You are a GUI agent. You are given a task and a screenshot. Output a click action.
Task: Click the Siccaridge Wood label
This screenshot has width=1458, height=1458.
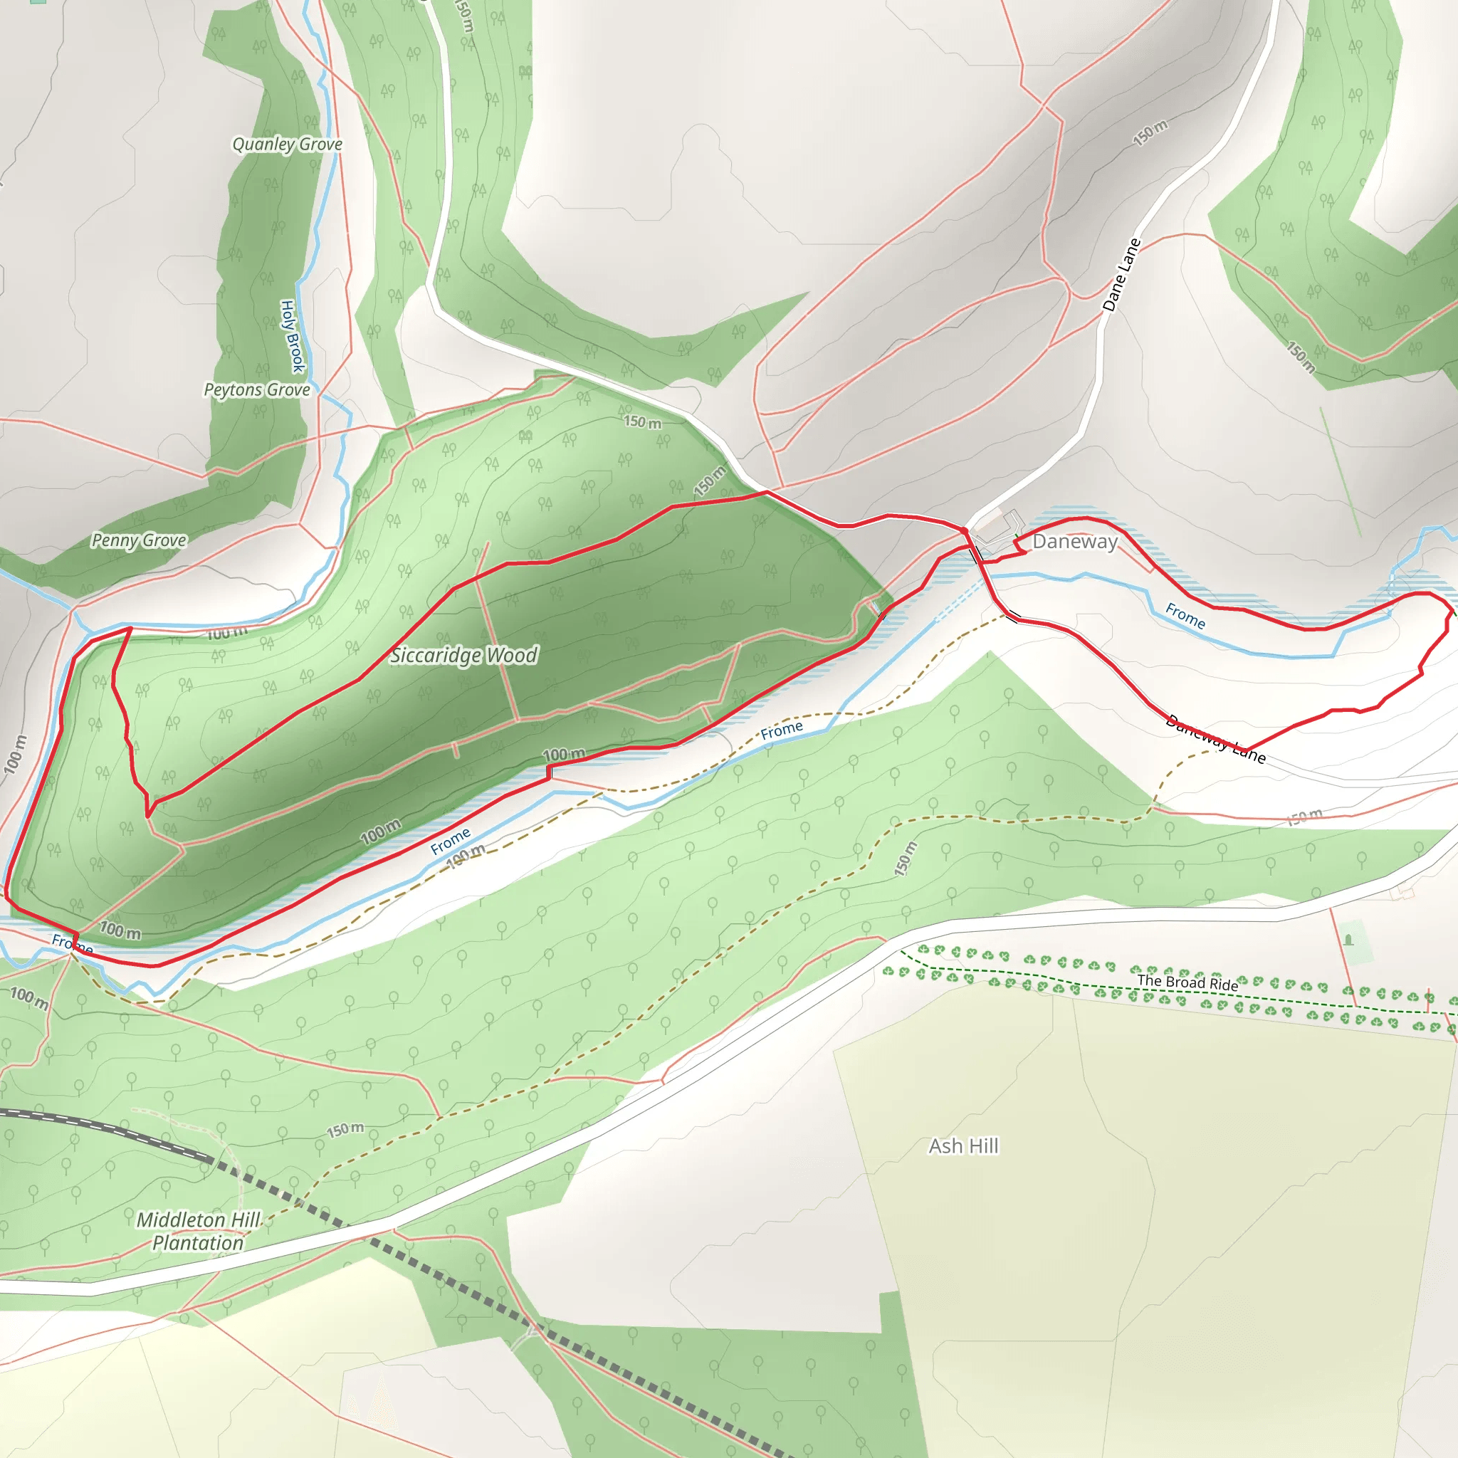pyautogui.click(x=463, y=655)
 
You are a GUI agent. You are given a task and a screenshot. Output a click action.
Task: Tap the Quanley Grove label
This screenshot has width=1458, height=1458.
pyautogui.click(x=287, y=143)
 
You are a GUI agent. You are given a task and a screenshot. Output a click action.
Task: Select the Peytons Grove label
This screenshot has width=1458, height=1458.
pyautogui.click(x=256, y=389)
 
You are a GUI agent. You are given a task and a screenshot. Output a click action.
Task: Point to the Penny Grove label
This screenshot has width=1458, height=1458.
pyautogui.click(x=139, y=540)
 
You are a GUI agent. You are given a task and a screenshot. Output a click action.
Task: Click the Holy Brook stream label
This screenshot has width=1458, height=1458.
pyautogui.click(x=291, y=336)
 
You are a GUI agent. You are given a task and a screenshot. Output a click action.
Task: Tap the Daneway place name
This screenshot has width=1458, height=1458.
pyautogui.click(x=1074, y=541)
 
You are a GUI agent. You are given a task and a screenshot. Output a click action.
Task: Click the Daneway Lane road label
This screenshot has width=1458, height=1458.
pyautogui.click(x=1215, y=738)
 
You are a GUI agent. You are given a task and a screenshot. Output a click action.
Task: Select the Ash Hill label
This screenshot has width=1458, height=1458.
pyautogui.click(x=964, y=1145)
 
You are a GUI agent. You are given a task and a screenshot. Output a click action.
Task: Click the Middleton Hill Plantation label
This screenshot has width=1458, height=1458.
pyautogui.click(x=199, y=1231)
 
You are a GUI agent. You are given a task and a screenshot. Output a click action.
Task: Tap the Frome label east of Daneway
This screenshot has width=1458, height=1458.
pyautogui.click(x=1185, y=616)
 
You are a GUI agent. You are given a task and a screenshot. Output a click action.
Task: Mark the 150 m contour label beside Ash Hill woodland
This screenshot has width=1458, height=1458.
pyautogui.click(x=906, y=858)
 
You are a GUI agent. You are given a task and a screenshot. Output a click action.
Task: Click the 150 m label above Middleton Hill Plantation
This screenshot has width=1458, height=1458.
pyautogui.click(x=345, y=1129)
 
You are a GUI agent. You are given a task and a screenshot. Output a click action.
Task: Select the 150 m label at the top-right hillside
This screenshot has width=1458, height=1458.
pyautogui.click(x=1150, y=133)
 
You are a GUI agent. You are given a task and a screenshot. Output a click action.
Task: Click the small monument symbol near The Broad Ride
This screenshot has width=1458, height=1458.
pyautogui.click(x=1348, y=940)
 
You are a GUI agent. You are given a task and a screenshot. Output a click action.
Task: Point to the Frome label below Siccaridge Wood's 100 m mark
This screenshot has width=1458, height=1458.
pyautogui.click(x=451, y=841)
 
